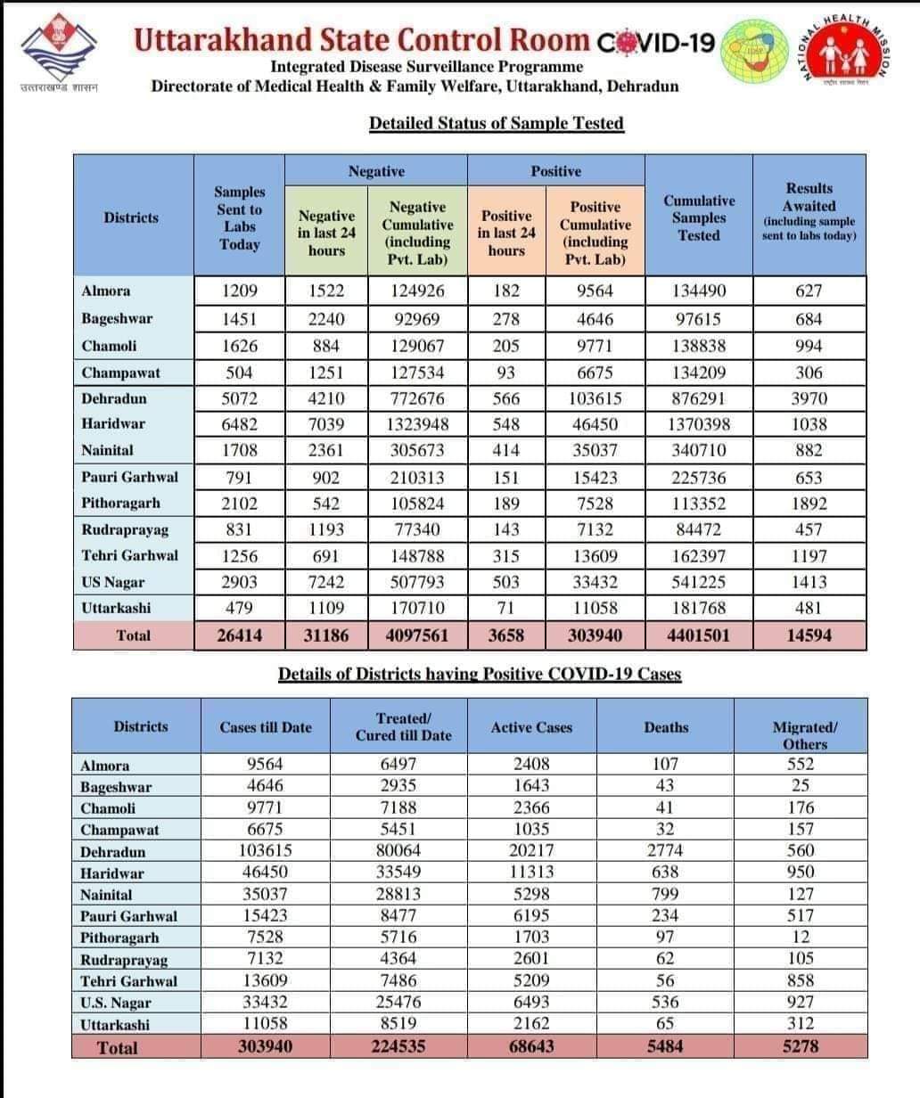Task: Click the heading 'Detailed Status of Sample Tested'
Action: pos(497,123)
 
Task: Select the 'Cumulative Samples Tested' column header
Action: pos(699,217)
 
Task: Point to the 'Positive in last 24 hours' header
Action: pos(505,233)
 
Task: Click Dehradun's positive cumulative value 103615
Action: pos(596,398)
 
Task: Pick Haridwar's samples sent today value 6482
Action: pos(239,424)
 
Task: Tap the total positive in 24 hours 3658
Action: pos(505,635)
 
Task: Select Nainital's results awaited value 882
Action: pos(809,450)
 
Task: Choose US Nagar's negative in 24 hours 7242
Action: pos(325,582)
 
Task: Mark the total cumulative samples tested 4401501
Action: pos(699,635)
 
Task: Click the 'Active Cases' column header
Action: pos(531,727)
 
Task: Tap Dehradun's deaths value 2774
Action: pos(665,850)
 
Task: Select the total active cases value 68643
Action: pos(531,1046)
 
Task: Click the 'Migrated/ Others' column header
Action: pos(804,735)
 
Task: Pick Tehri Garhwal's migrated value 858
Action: pos(801,980)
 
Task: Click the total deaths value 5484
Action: pos(665,1046)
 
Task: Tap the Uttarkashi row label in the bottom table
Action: pos(115,1025)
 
